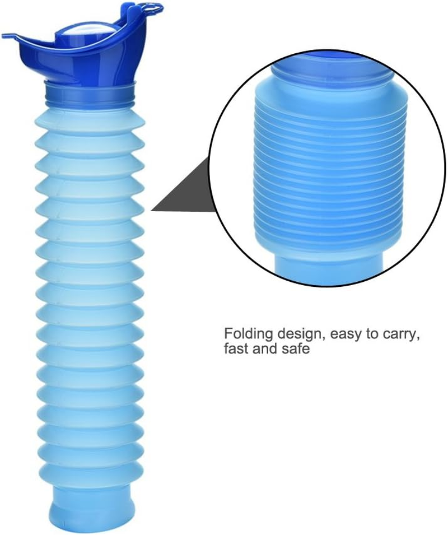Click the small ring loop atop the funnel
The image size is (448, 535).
(x=151, y=8)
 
